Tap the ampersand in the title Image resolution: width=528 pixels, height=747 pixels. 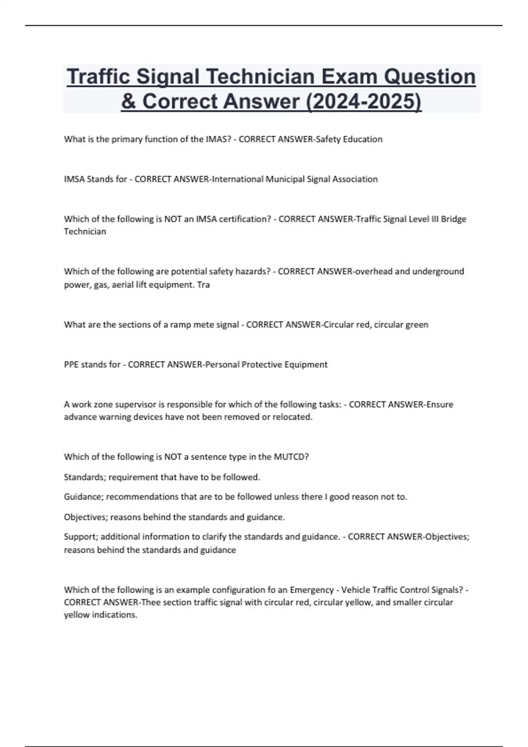pyautogui.click(x=128, y=102)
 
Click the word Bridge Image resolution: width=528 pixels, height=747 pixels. pyautogui.click(x=454, y=219)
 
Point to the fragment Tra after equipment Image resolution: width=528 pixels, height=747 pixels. pyautogui.click(x=203, y=285)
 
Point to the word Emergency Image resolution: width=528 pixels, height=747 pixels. pyautogui.click(x=312, y=590)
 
